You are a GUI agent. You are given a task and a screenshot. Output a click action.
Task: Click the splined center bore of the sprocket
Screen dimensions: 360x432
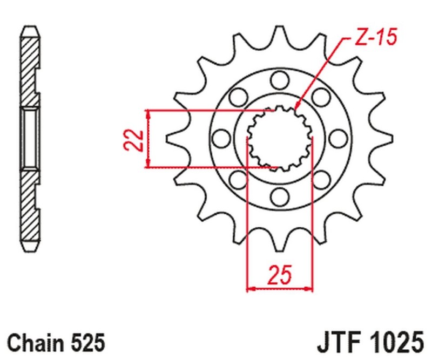point(280,138)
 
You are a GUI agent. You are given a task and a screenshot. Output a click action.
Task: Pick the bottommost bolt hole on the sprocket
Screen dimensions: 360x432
point(280,195)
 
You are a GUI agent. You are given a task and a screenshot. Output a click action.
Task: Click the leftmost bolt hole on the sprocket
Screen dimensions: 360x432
point(221,138)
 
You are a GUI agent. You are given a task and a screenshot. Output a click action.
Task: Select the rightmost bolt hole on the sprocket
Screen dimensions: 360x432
point(339,138)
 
